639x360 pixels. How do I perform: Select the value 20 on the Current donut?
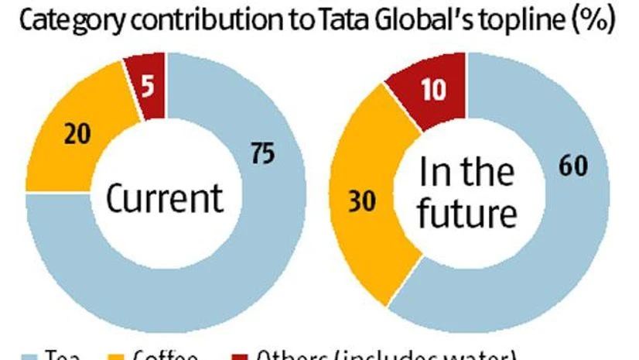[77, 135]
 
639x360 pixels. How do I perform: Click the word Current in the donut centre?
[164, 198]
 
